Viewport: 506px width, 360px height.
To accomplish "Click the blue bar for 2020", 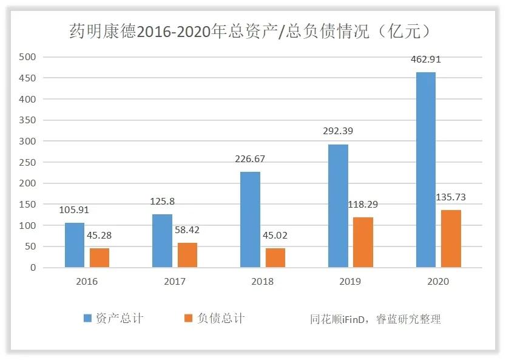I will [x=425, y=170].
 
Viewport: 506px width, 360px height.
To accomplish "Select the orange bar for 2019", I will [x=363, y=242].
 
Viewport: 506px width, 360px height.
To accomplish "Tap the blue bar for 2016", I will [x=75, y=245].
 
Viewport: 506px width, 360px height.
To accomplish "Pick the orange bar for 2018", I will [x=275, y=258].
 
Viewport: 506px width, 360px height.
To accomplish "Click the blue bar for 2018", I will [x=250, y=220].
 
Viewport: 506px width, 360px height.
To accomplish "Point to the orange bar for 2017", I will [x=187, y=255].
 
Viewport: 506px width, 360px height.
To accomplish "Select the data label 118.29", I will [x=363, y=205].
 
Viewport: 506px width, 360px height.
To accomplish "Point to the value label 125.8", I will [x=162, y=202].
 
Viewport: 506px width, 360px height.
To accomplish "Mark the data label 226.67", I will [x=250, y=159].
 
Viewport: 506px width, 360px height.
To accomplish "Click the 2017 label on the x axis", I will [x=175, y=282].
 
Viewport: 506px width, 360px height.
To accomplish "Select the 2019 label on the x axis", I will [x=350, y=282].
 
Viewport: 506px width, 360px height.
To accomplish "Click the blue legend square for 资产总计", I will [x=87, y=318].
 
